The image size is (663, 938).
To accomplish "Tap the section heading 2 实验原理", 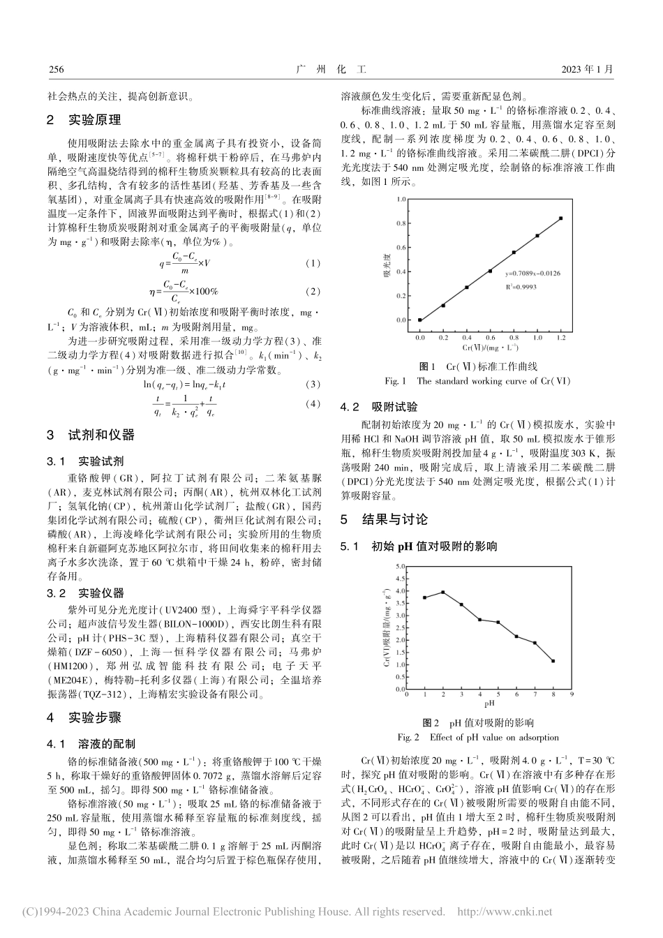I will click(83, 120).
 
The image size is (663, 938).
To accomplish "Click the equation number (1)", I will click(313, 263).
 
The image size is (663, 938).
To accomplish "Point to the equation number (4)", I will click(313, 403).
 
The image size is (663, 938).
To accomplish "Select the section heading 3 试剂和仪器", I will click(90, 435).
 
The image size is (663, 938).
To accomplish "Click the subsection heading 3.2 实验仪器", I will click(85, 593).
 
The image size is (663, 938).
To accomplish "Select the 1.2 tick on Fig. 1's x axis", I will click(561, 336).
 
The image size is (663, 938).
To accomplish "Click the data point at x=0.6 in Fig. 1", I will click(491, 271).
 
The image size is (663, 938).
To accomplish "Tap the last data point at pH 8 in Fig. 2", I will click(553, 661).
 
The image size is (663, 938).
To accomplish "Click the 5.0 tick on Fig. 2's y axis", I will click(400, 567).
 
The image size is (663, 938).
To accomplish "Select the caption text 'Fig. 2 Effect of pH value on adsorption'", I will click(478, 737).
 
